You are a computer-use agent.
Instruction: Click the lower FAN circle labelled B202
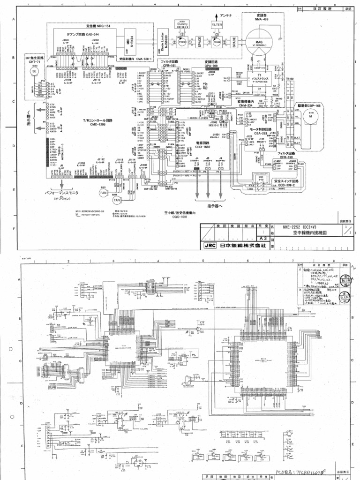(117, 200)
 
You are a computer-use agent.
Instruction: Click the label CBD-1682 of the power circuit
(202, 147)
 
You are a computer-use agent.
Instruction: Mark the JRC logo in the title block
(209, 245)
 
